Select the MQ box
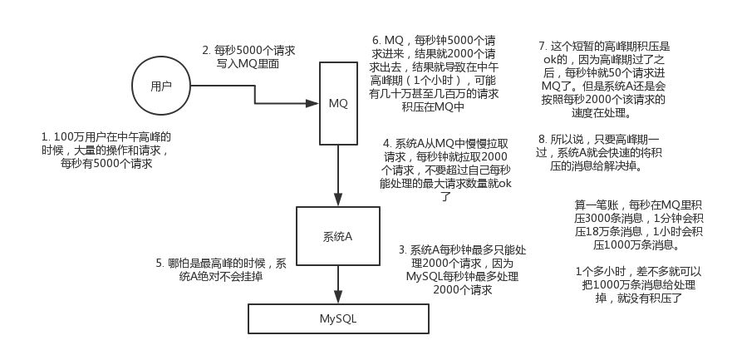(338, 103)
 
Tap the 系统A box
(338, 236)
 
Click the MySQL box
(338, 319)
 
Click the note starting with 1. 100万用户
(106, 150)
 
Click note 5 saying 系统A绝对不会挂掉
(220, 269)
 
